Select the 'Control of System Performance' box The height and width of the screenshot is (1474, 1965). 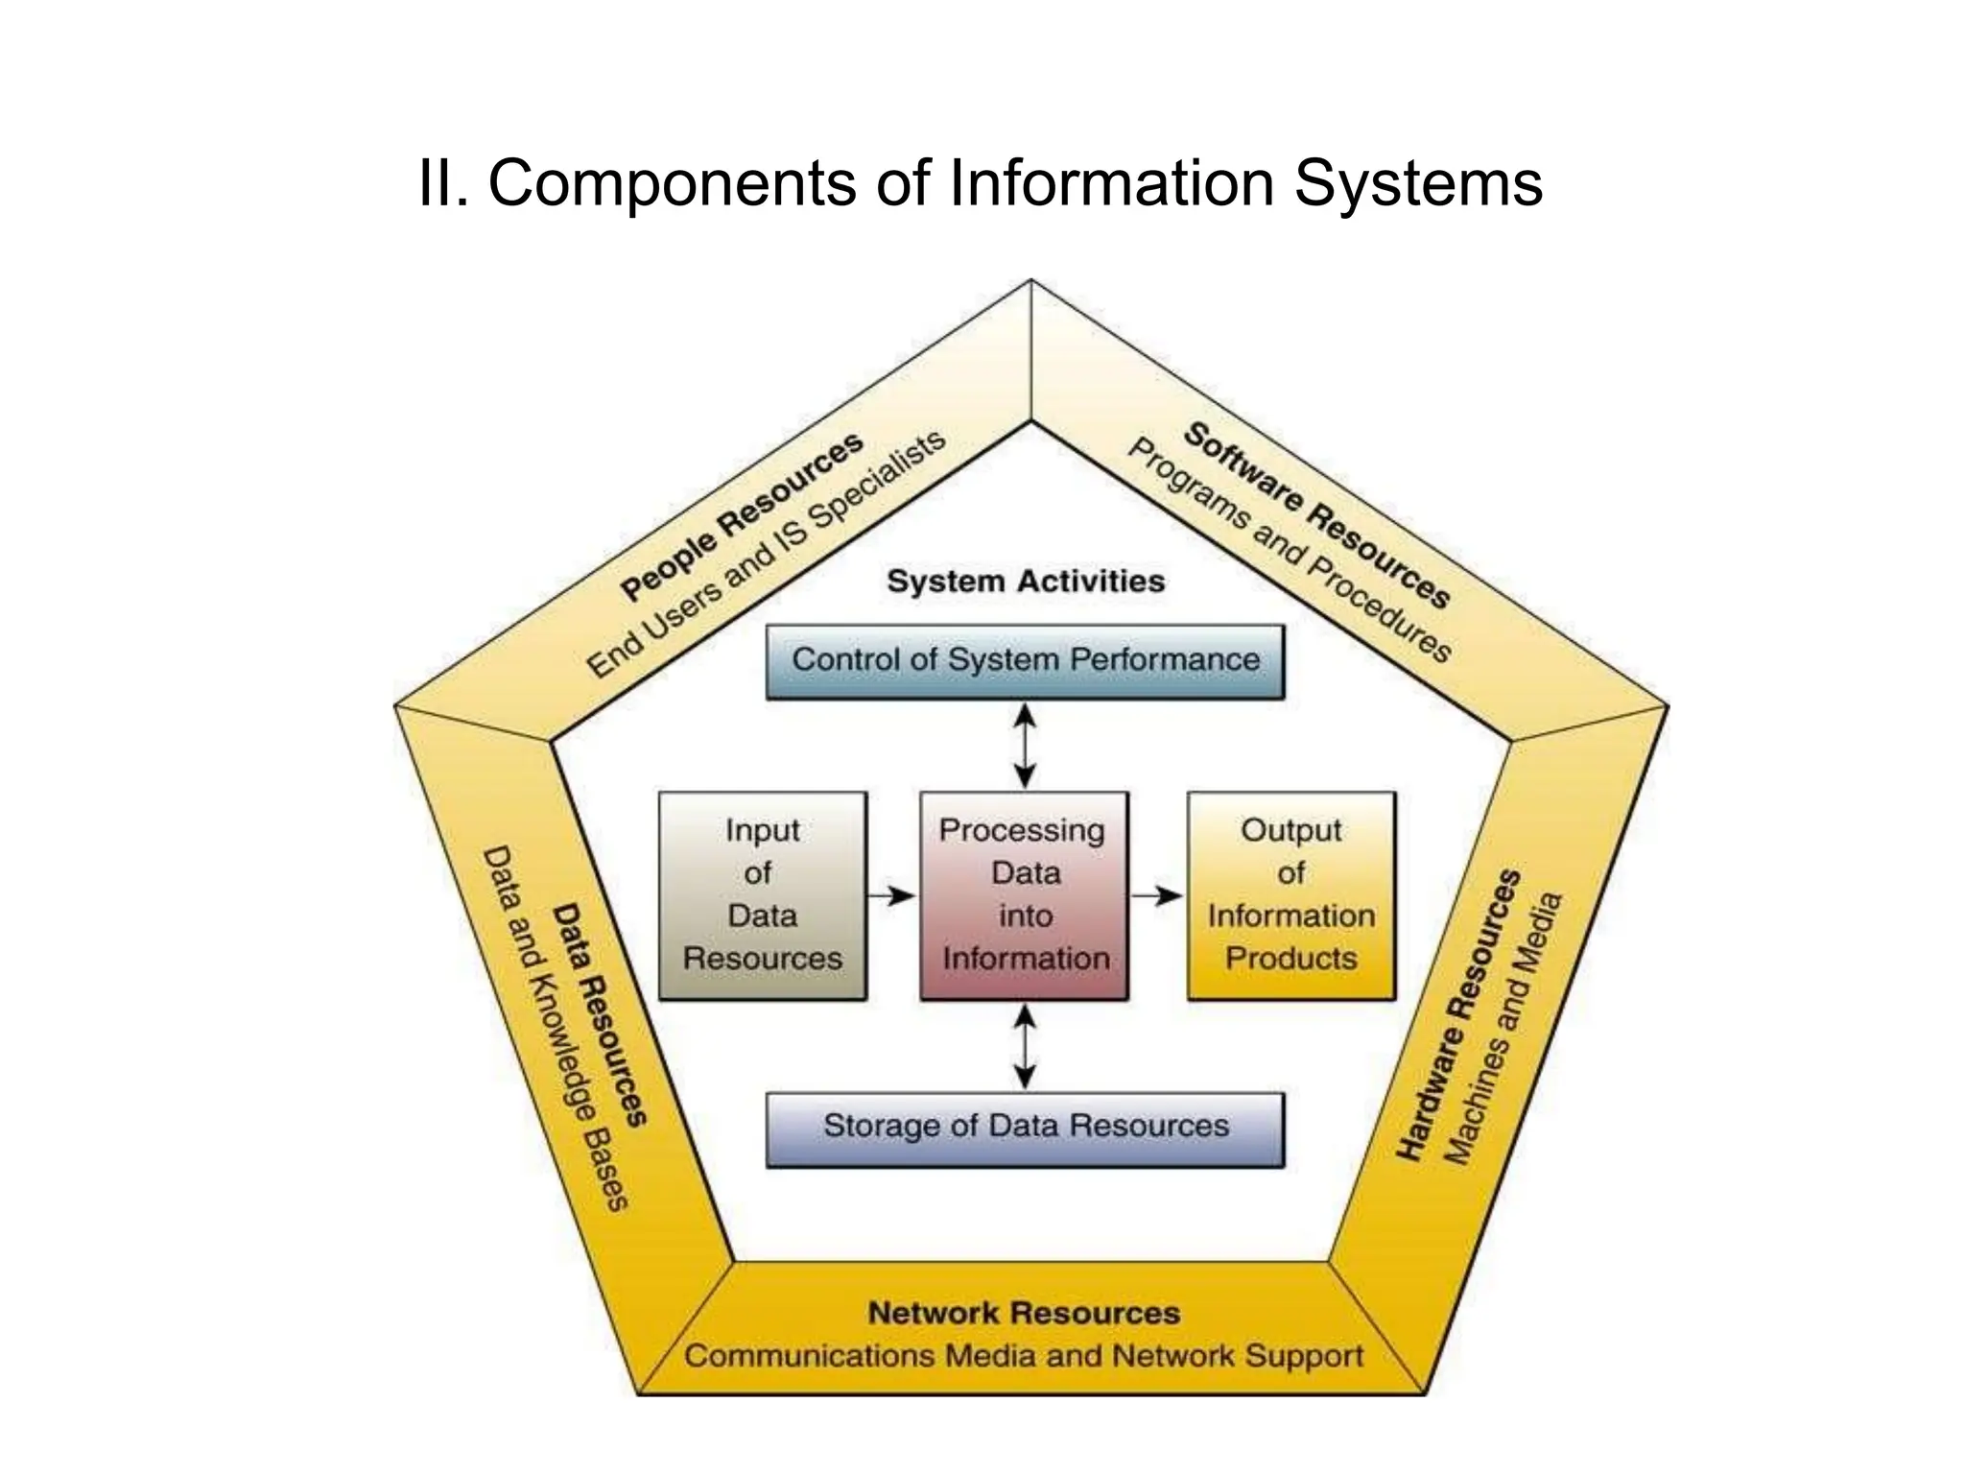pyautogui.click(x=1025, y=661)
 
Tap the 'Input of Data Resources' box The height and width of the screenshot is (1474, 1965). pyautogui.click(x=763, y=895)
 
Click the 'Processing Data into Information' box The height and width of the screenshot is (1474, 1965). pyautogui.click(x=1024, y=895)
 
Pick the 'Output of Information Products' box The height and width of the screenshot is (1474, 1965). pyautogui.click(x=1290, y=895)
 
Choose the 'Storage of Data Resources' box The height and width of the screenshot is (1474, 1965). pyautogui.click(x=1025, y=1128)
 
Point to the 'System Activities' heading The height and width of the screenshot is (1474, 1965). pyautogui.click(x=1025, y=581)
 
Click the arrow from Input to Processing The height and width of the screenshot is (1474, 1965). pyautogui.click(x=891, y=895)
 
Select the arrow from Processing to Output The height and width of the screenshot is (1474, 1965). pyautogui.click(x=1156, y=895)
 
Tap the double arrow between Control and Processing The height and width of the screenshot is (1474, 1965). pyautogui.click(x=1025, y=746)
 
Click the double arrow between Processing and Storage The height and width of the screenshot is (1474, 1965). pyautogui.click(x=1025, y=1046)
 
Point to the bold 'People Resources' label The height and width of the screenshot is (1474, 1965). pyautogui.click(x=742, y=517)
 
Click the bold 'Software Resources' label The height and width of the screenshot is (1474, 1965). pyautogui.click(x=1315, y=515)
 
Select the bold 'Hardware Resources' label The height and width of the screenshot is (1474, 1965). pyautogui.click(x=1458, y=1015)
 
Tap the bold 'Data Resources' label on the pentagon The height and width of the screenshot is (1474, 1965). pyautogui.click(x=600, y=1015)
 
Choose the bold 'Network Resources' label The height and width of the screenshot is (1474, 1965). pyautogui.click(x=1024, y=1313)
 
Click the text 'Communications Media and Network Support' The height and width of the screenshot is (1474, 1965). pyautogui.click(x=1024, y=1356)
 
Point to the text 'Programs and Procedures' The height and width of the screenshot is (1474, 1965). pyautogui.click(x=1289, y=551)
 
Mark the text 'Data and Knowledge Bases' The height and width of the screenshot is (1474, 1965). pyautogui.click(x=555, y=1029)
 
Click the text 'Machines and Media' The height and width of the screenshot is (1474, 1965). pyautogui.click(x=1503, y=1029)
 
